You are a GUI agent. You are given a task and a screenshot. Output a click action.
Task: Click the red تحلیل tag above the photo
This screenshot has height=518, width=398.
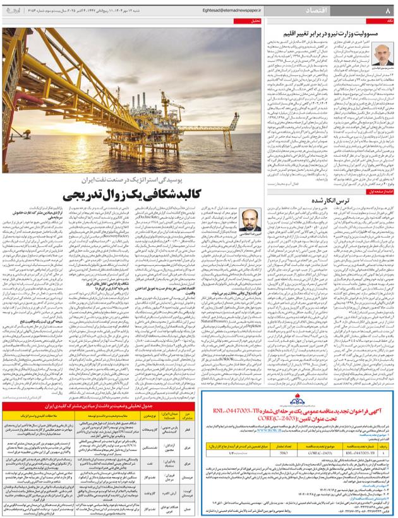[x=255, y=21]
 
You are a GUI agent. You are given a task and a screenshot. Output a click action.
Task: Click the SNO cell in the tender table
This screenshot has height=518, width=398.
[x=284, y=452]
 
